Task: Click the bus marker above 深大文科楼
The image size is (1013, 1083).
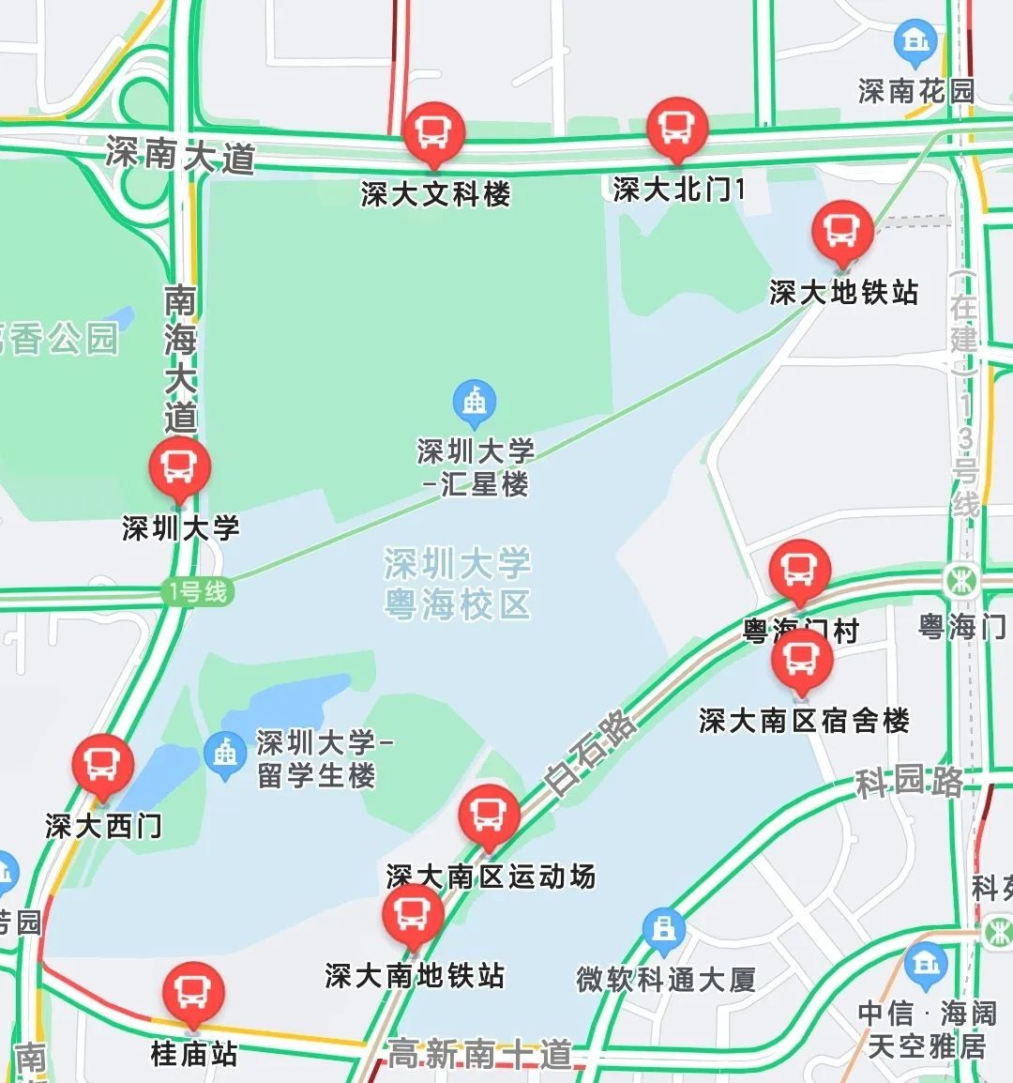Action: (433, 131)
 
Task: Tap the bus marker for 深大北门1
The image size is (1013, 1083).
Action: (677, 127)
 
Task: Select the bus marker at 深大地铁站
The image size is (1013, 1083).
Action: (842, 231)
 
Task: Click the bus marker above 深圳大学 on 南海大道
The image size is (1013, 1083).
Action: (179, 466)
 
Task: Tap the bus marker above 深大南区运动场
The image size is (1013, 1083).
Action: (489, 815)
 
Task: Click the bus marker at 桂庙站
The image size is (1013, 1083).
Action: (193, 991)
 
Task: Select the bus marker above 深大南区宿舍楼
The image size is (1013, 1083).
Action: (802, 658)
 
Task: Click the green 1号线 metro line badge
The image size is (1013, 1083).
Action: (198, 592)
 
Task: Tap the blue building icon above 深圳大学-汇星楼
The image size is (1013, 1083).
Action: (475, 402)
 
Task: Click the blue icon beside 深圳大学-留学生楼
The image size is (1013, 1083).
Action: (225, 753)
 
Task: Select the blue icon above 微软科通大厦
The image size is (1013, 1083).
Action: (664, 929)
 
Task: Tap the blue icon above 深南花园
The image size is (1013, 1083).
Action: (915, 41)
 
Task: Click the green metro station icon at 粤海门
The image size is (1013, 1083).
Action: (961, 581)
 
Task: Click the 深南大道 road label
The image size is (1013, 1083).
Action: (181, 156)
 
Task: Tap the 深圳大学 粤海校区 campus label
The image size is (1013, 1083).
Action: (458, 584)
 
